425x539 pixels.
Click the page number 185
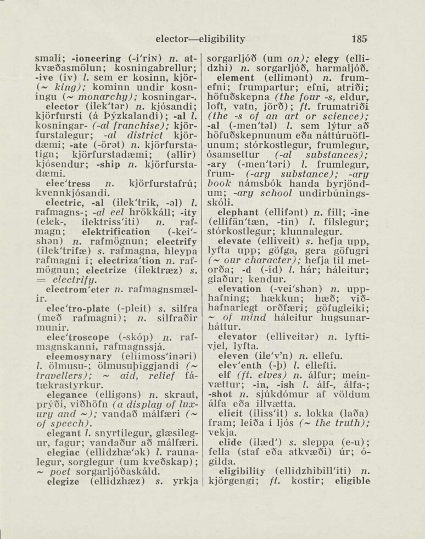pyautogui.click(x=360, y=39)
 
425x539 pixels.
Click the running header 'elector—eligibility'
pyautogui.click(x=200, y=39)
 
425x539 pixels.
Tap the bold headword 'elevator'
pyautogui.click(x=237, y=335)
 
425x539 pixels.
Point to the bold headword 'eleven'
pyautogui.click(x=233, y=355)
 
